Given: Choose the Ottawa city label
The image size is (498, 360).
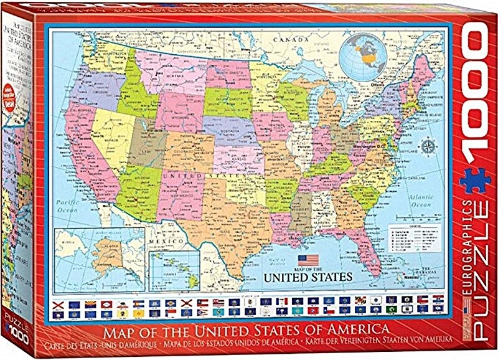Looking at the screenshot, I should [375, 83].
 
